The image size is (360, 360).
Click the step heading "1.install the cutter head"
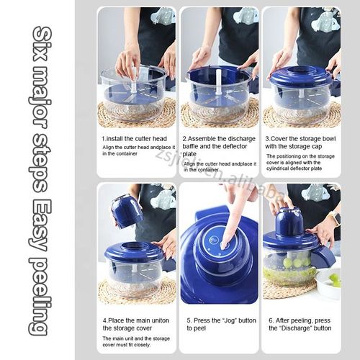pyautogui.click(x=135, y=138)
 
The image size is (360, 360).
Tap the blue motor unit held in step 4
pyautogui.click(x=127, y=210)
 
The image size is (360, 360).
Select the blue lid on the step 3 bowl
pyautogui.click(x=300, y=76)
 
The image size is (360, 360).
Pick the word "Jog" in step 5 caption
pyautogui.click(x=224, y=319)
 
